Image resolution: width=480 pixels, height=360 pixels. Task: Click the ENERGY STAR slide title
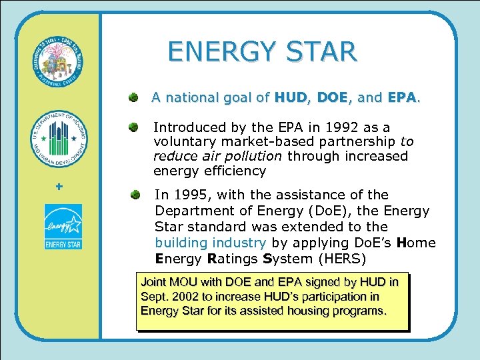pyautogui.click(x=262, y=51)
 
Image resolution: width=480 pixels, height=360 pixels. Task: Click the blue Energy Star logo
pyautogui.click(x=63, y=227)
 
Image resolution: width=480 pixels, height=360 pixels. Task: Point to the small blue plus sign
pyautogui.click(x=59, y=187)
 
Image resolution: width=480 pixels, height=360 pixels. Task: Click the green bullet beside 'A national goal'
pyautogui.click(x=134, y=98)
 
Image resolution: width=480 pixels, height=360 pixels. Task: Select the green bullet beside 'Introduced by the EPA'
pyautogui.click(x=134, y=127)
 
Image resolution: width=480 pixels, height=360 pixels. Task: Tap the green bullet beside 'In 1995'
pyautogui.click(x=135, y=195)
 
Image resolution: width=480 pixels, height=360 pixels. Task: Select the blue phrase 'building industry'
pyautogui.click(x=211, y=243)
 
